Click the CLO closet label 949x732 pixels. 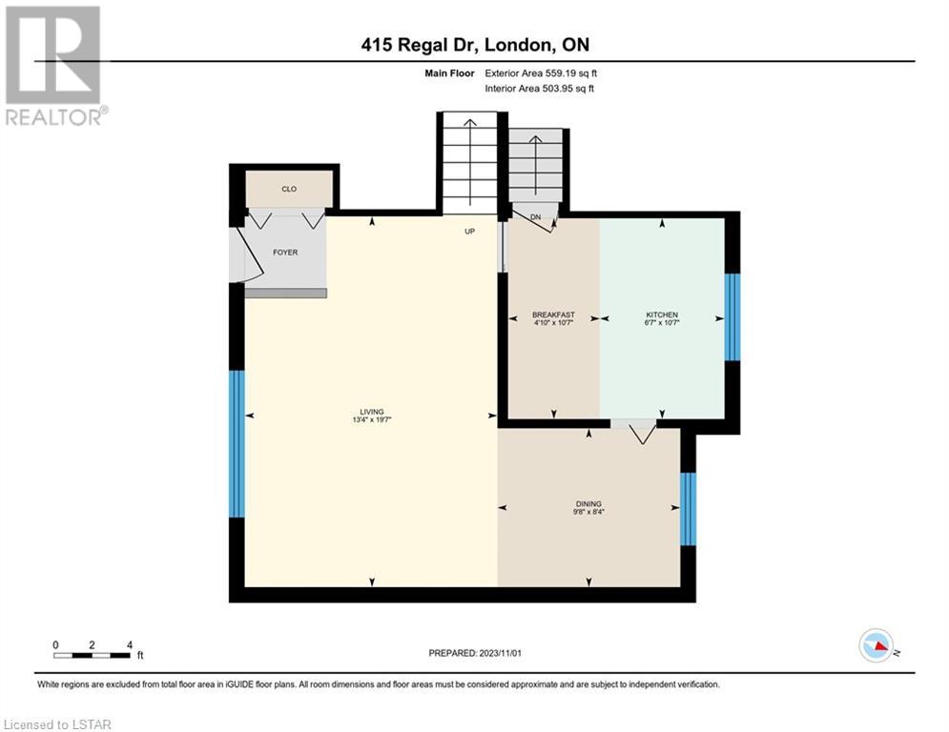pyautogui.click(x=289, y=190)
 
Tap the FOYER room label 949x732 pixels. pyautogui.click(x=285, y=253)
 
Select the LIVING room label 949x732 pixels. pyautogui.click(x=372, y=412)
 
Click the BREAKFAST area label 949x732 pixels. pyautogui.click(x=553, y=315)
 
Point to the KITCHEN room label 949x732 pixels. pyautogui.click(x=662, y=315)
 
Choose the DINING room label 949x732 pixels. pyautogui.click(x=588, y=504)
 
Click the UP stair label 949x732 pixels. pyautogui.click(x=469, y=231)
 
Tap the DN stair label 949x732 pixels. pyautogui.click(x=535, y=217)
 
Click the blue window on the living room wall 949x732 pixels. pyautogui.click(x=237, y=444)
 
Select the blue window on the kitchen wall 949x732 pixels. pyautogui.click(x=732, y=317)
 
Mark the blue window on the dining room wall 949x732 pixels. pyautogui.click(x=689, y=509)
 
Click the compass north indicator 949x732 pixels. pyautogui.click(x=877, y=645)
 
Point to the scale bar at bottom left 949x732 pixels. pyautogui.click(x=92, y=655)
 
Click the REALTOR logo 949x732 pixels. pyautogui.click(x=55, y=66)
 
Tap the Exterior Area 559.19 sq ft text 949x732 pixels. pyautogui.click(x=541, y=73)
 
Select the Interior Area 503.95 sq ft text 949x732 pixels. pyautogui.click(x=539, y=89)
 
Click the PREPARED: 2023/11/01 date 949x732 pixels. pyautogui.click(x=475, y=653)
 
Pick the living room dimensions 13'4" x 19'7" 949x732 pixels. pyautogui.click(x=372, y=419)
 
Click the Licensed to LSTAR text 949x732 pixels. pyautogui.click(x=57, y=724)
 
